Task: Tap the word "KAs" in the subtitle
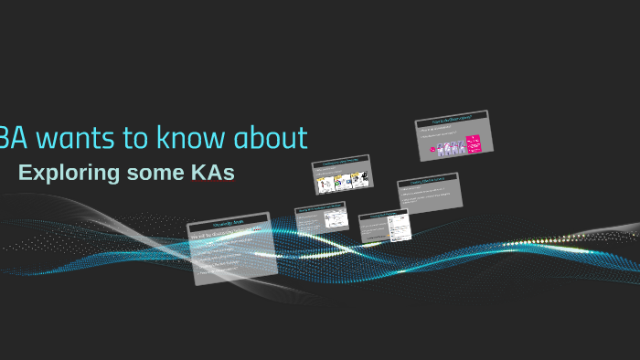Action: tap(212, 172)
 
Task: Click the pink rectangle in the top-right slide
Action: tap(474, 143)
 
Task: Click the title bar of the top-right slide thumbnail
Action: tap(452, 121)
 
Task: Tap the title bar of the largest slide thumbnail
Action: tap(228, 222)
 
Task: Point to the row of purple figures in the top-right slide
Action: tap(448, 147)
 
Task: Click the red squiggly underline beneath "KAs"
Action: tap(212, 181)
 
